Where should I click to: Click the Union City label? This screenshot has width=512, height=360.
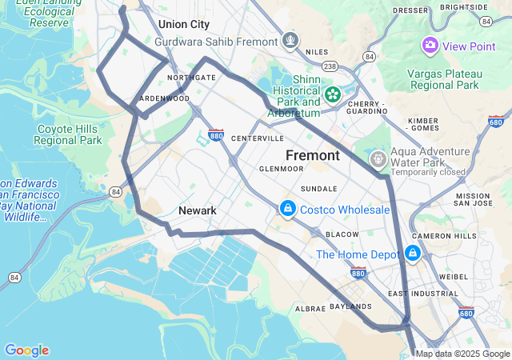coord(183,24)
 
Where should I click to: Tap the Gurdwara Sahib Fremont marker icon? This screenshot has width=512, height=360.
coord(290,39)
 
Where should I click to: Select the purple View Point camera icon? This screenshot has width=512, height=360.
coord(430,46)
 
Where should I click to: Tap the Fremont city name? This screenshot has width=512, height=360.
coord(313,154)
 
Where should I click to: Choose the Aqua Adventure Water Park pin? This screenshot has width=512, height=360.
coord(378,159)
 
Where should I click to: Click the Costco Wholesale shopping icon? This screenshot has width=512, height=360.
coord(287,209)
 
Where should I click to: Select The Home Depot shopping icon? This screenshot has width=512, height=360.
coord(412,254)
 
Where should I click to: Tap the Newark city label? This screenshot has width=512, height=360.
coord(197,210)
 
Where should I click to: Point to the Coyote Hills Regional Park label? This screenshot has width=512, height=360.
coord(68,134)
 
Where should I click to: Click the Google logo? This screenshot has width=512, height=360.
coord(26,350)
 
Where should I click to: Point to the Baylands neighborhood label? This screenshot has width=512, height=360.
coord(350,306)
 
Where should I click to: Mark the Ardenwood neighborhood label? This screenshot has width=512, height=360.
coord(165,98)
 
